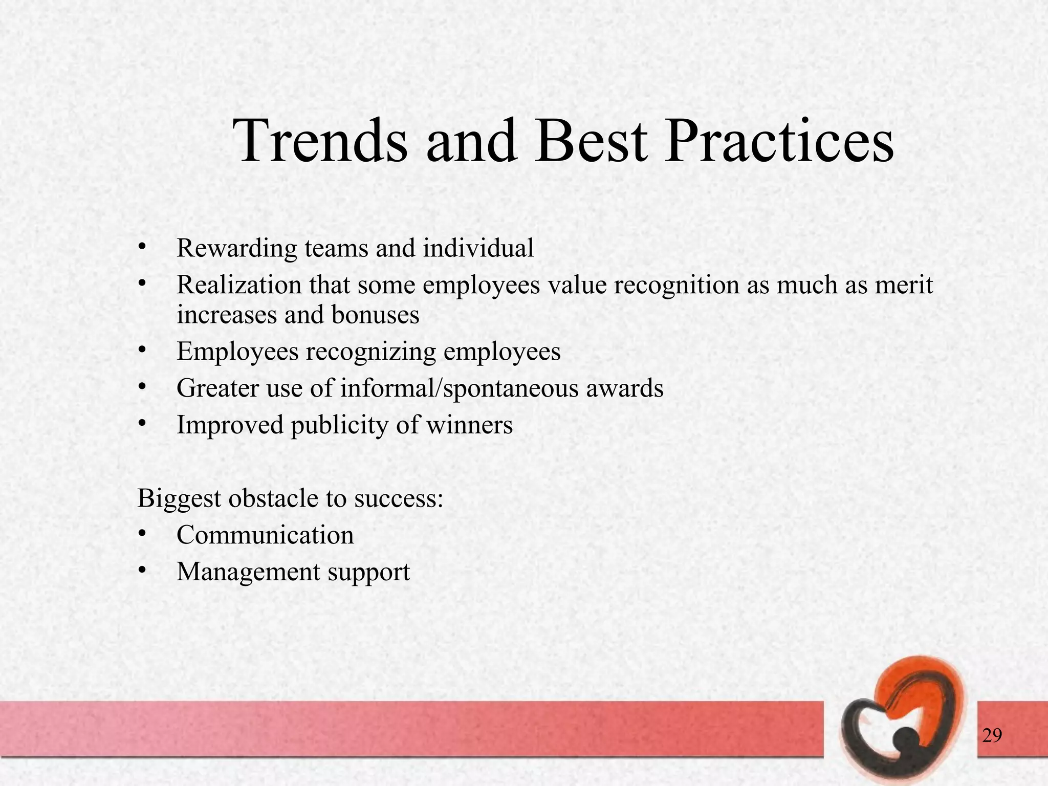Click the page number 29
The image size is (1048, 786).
point(992,736)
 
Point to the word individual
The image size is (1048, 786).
point(478,248)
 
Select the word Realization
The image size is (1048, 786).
point(239,285)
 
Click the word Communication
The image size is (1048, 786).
point(265,535)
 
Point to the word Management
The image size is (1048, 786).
point(248,572)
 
